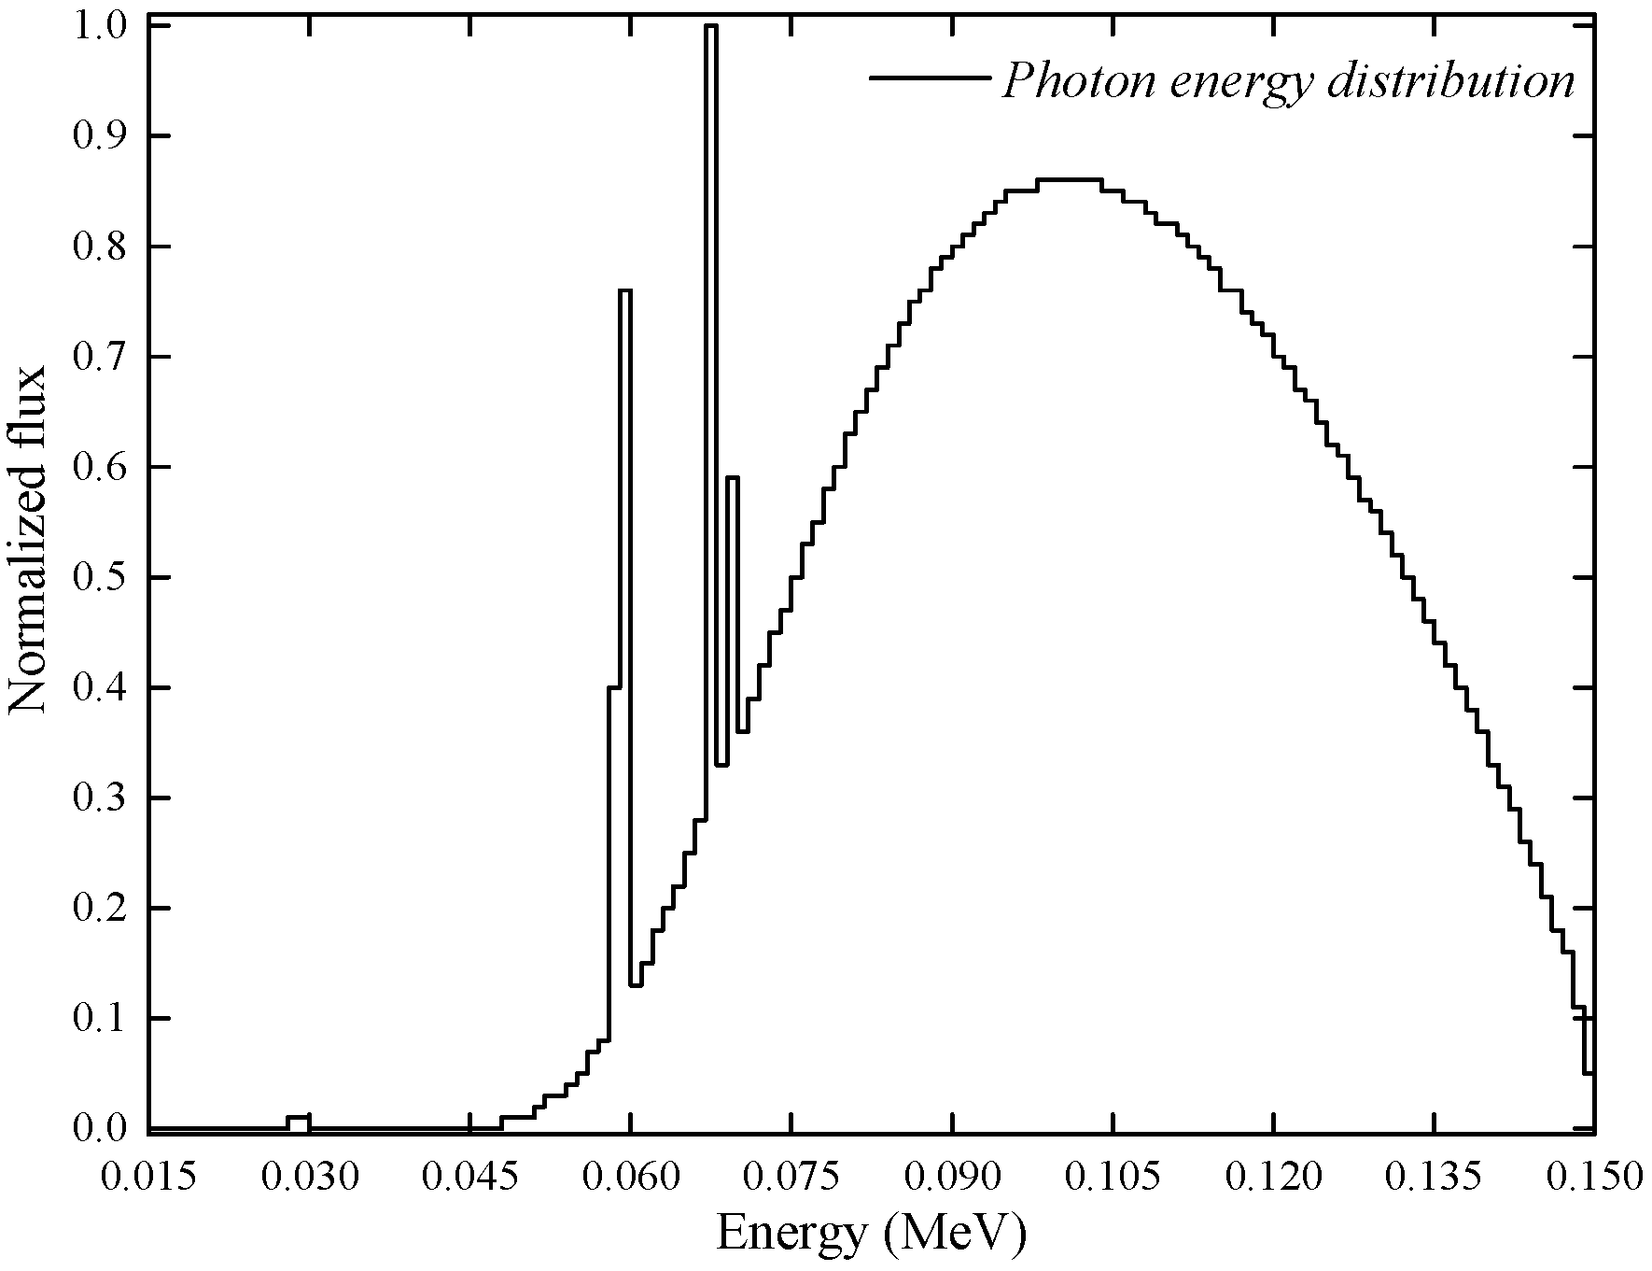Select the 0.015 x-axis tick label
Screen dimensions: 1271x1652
coord(149,1178)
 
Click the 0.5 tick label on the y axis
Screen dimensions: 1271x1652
coord(99,578)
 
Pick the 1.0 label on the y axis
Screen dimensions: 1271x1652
coord(99,26)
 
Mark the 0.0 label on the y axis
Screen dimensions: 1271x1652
coord(99,1129)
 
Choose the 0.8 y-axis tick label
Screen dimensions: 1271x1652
coord(99,247)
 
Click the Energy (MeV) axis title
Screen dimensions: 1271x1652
coord(872,1235)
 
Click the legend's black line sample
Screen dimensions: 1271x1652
coord(929,78)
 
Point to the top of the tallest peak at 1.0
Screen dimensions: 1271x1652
coord(711,26)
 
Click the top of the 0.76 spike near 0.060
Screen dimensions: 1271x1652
coord(625,290)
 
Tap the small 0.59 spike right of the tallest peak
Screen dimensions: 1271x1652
coord(733,477)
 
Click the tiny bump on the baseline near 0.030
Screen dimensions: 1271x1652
coord(298,1117)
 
